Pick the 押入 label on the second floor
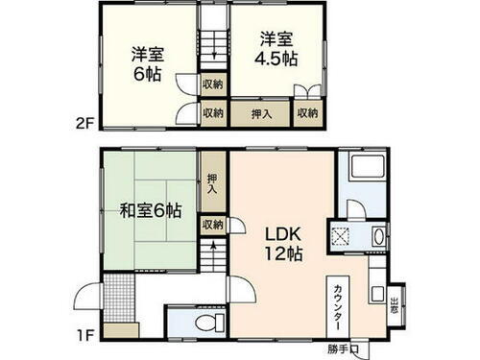click(x=259, y=113)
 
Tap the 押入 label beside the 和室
click(x=212, y=183)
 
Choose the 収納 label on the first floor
click(x=212, y=224)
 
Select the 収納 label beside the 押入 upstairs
click(x=307, y=113)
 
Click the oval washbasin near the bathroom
click(x=376, y=236)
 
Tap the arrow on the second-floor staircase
click(x=212, y=60)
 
